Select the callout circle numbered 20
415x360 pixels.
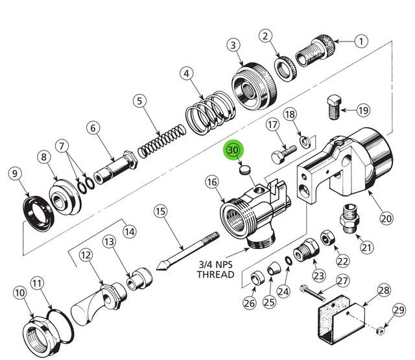386,218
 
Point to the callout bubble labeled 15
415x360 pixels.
160,211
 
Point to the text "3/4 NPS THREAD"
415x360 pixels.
215,269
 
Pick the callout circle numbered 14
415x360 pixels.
130,230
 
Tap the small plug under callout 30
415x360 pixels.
245,172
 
